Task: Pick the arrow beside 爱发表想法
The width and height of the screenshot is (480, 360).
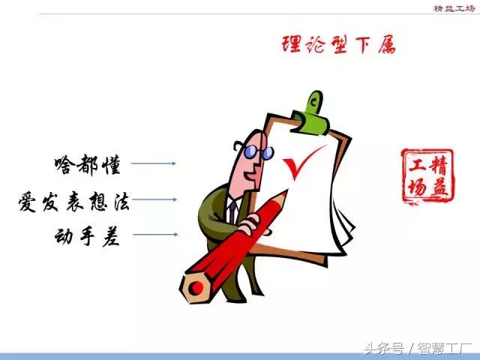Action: [156, 199]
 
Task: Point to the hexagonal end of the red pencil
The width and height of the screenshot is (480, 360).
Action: [196, 287]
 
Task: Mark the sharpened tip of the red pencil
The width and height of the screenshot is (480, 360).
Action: [283, 194]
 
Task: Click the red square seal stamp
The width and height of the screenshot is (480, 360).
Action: [427, 176]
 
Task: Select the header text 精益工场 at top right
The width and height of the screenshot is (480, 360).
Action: [452, 8]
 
